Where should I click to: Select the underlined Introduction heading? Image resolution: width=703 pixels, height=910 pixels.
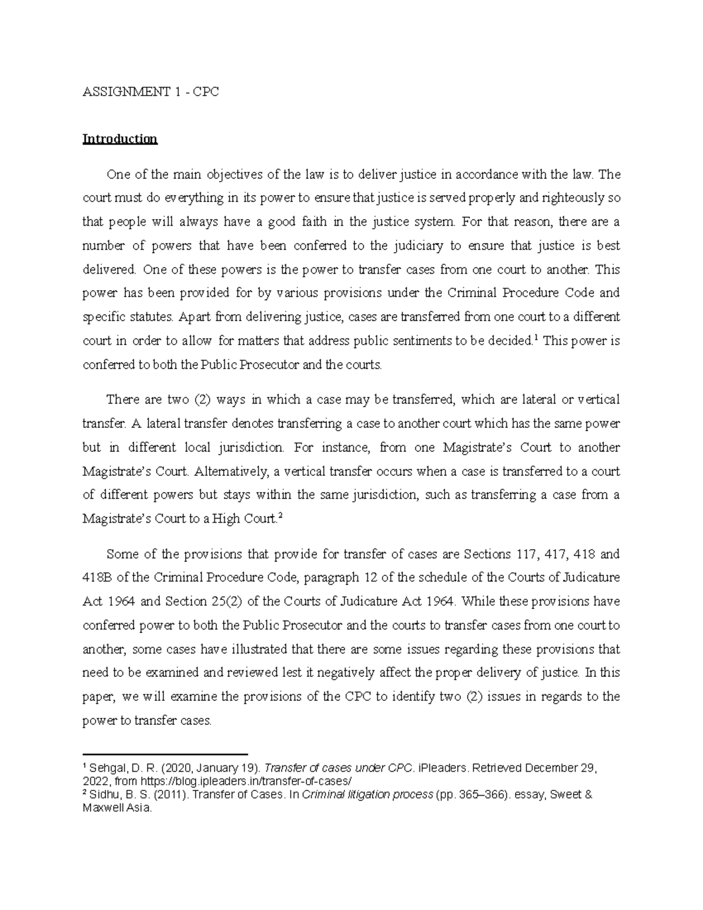[120, 139]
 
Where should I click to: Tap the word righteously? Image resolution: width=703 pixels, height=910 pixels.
[576, 198]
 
